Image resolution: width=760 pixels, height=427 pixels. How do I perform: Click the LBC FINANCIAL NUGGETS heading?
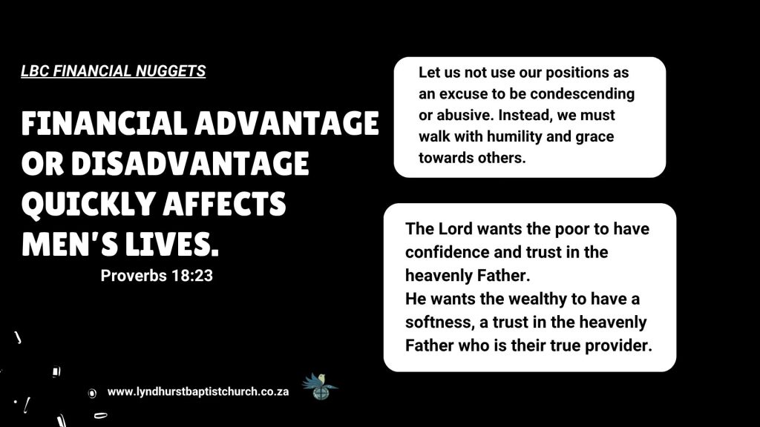[113, 71]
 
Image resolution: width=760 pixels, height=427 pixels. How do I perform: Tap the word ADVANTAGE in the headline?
[286, 124]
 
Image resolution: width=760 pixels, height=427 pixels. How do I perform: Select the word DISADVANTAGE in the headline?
[190, 164]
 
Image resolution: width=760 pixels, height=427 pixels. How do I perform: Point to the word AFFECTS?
[224, 204]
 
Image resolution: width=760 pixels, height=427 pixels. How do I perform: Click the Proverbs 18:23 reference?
[157, 276]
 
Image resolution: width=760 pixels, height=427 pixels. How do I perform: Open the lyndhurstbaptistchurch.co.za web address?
[197, 391]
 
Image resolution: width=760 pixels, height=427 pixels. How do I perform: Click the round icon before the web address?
[92, 393]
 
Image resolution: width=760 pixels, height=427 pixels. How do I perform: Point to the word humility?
[514, 136]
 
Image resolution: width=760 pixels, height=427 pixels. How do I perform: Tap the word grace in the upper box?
[594, 137]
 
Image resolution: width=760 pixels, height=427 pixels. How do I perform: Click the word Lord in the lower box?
[455, 228]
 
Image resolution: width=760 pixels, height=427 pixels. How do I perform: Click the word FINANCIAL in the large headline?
[104, 124]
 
